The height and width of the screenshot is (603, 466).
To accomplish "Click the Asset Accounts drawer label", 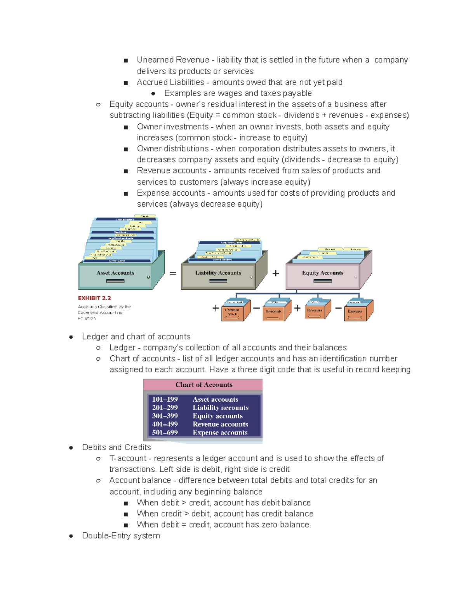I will [115, 273].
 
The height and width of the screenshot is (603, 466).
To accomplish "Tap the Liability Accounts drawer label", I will [218, 273].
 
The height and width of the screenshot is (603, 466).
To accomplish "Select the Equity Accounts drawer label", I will [322, 273].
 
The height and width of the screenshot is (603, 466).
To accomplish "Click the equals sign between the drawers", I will [173, 273].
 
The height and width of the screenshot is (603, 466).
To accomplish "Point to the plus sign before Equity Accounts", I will [276, 273].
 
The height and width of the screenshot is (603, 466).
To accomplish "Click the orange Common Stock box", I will [233, 312].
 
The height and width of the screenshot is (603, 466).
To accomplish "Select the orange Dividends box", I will [273, 312].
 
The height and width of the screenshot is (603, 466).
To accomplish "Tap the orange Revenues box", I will [315, 311].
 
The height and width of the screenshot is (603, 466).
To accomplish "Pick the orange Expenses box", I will [355, 312].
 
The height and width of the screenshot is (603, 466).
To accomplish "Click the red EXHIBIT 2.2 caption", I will [94, 298].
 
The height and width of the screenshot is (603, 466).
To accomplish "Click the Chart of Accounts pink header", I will [203, 385].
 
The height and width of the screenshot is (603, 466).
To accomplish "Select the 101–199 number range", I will [165, 400].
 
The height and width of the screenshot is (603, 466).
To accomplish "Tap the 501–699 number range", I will [165, 433].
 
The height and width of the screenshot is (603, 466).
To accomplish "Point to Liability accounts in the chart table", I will [220, 408].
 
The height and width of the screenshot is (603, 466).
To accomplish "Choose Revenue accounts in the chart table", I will [220, 424].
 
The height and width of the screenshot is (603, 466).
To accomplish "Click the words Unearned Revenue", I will [173, 60].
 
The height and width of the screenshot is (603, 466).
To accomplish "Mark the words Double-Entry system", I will [121, 536].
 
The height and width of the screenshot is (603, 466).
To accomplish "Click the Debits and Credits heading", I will [116, 447].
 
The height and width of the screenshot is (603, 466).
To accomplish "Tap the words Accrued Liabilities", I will [170, 82].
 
